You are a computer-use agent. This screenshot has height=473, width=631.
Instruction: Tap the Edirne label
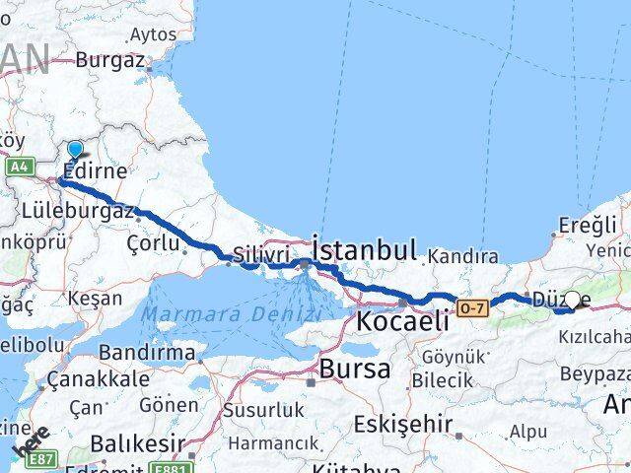pos(95,170)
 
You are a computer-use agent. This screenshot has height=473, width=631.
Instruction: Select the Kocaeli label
pos(402,320)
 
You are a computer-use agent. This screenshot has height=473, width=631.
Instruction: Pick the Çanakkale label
pos(81,380)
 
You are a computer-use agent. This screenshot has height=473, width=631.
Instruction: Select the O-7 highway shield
pos(470,309)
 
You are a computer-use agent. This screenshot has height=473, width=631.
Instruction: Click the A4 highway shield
pos(20,167)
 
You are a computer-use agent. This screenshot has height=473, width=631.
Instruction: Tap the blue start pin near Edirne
pos(76,151)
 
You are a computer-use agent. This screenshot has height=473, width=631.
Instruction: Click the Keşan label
pos(95,298)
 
